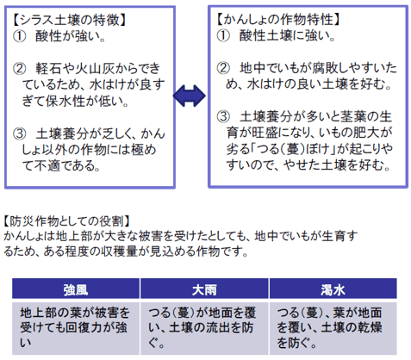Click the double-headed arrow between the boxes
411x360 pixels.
190,96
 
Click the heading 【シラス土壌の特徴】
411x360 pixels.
69,20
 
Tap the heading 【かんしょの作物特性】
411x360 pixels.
278,20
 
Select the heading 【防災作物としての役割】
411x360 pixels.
66,221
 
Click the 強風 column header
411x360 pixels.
76,289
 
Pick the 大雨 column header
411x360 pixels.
204,289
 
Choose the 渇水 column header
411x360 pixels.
333,289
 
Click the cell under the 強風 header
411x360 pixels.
76,328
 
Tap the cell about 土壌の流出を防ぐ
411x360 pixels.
204,328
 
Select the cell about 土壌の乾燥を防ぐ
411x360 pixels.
333,328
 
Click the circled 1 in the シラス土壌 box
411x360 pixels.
19,36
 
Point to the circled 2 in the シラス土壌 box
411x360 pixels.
19,69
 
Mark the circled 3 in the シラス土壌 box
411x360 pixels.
19,133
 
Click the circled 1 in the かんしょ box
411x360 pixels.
223,36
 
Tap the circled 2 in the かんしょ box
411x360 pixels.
223,68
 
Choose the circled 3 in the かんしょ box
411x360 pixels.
223,116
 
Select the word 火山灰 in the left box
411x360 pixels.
95,69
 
